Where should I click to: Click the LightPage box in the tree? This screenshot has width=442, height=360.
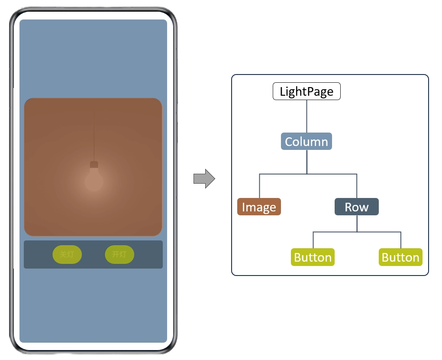pos(306,91)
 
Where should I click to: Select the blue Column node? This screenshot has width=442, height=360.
pos(306,142)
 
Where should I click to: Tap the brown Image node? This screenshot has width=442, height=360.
pos(259,207)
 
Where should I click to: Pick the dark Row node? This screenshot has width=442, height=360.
pos(357,207)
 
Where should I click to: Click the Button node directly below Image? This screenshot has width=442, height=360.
pos(313,257)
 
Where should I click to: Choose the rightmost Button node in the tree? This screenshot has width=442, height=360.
pos(400,257)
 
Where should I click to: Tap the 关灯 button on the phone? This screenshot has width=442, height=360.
pos(67,254)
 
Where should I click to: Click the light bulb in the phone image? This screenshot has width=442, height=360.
pos(94,182)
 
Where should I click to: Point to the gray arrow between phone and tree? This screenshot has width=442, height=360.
pos(204,178)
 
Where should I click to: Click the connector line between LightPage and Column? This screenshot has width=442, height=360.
pos(306,116)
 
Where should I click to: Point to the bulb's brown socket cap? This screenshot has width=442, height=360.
pos(94,165)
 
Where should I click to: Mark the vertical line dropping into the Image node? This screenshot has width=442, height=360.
pos(259,186)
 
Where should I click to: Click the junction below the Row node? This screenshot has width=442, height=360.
pos(357,232)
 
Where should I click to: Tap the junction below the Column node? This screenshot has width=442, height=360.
pos(306,174)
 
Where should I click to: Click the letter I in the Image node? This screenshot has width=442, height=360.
pos(243,207)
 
